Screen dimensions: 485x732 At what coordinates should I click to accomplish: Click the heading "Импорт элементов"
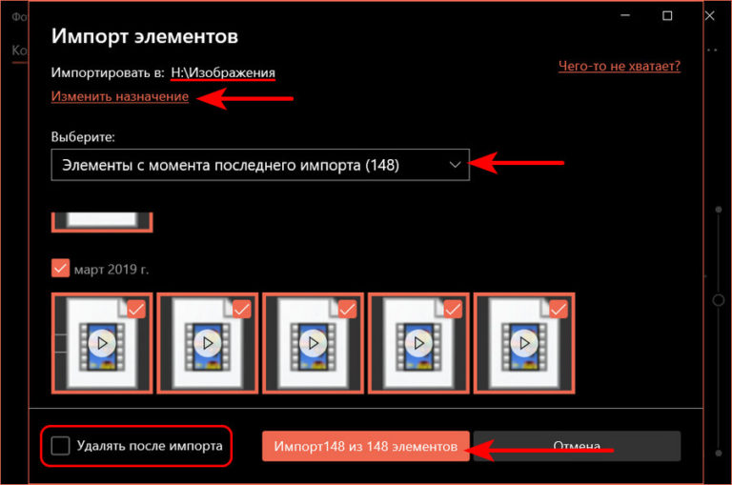coord(144,37)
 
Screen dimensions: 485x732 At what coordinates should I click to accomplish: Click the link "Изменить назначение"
coord(120,97)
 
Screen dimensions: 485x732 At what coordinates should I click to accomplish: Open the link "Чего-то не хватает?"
coord(620,66)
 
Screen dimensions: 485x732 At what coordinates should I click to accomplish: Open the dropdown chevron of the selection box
coord(455,165)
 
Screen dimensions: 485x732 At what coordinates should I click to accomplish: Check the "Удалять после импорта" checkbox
coord(61,445)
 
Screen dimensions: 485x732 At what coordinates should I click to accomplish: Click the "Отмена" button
coord(577,446)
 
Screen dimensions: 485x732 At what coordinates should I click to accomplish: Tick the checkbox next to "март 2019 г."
coord(61,269)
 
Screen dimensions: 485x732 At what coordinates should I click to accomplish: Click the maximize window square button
coord(667,16)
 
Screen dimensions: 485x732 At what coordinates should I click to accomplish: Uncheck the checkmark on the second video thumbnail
coord(242,309)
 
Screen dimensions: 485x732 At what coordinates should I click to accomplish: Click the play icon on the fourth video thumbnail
coord(417,341)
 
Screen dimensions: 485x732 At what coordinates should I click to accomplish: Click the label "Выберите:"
coord(83,135)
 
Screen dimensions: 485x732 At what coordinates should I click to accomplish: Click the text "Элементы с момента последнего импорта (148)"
coord(230,165)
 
